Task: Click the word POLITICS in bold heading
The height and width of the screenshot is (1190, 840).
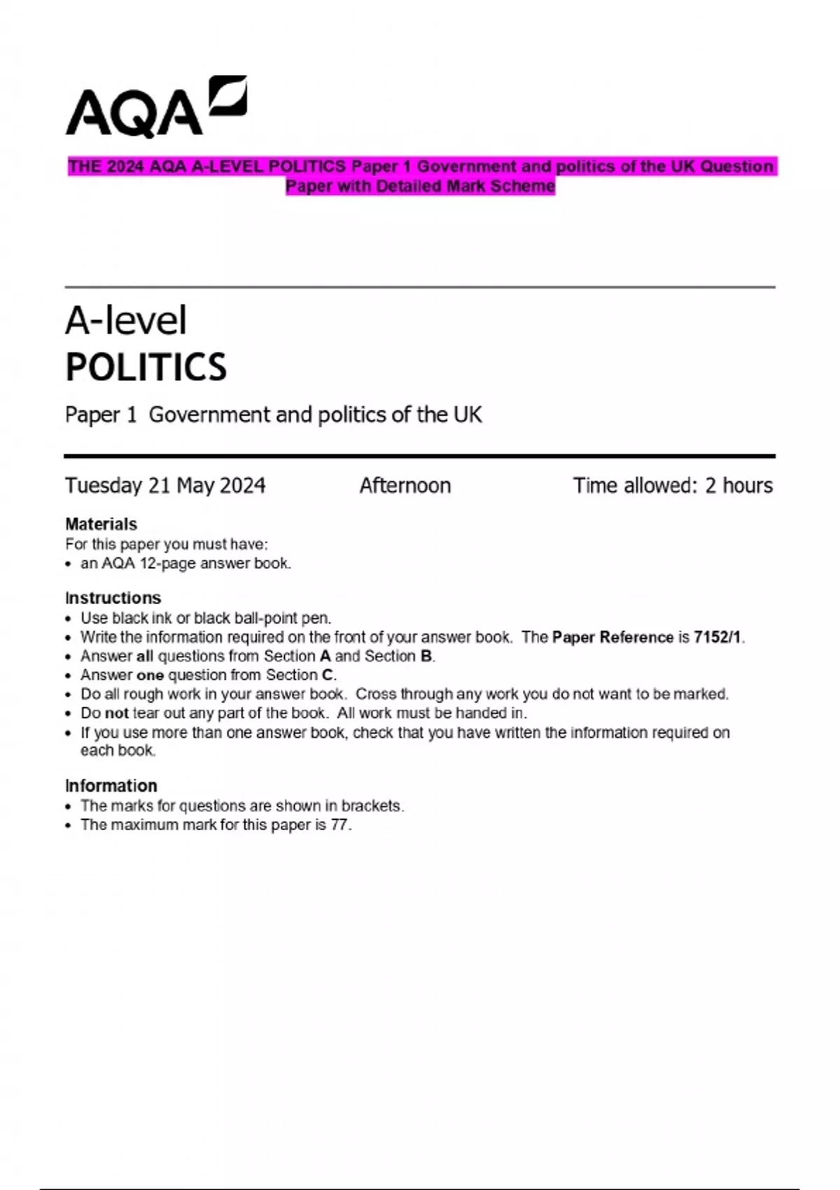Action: click(x=146, y=367)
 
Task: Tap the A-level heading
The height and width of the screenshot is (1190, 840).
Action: click(x=126, y=321)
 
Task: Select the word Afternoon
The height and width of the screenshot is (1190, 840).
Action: click(x=405, y=486)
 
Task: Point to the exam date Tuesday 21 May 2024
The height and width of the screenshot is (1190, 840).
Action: click(x=165, y=486)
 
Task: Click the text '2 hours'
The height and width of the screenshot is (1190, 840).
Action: click(x=738, y=486)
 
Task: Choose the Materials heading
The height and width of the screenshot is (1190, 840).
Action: click(x=101, y=524)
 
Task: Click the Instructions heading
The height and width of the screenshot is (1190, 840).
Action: click(x=113, y=598)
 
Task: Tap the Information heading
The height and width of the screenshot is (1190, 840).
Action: click(x=111, y=786)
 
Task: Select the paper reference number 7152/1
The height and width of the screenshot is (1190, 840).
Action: click(x=717, y=638)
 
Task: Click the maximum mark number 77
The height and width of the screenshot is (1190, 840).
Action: click(x=339, y=825)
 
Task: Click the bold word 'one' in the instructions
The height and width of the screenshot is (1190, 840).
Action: click(x=150, y=675)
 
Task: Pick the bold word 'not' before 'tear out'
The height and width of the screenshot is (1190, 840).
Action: click(x=116, y=713)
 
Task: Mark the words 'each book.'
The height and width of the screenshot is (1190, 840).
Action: click(x=118, y=750)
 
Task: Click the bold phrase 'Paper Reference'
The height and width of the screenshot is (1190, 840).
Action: click(x=612, y=638)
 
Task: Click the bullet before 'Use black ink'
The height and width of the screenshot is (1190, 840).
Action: click(x=68, y=619)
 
